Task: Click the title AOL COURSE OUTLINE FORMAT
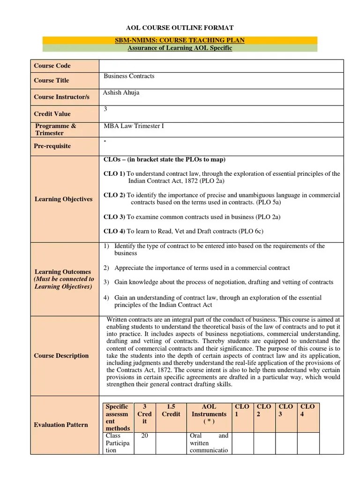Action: (x=180, y=28)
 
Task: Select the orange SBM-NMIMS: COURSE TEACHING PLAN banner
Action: (x=180, y=40)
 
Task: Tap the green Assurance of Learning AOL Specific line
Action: (x=180, y=48)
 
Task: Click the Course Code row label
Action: (x=52, y=66)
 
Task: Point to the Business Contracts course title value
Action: (x=129, y=76)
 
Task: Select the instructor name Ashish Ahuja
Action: (x=121, y=93)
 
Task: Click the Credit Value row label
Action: (x=52, y=113)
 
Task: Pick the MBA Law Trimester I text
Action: (x=134, y=126)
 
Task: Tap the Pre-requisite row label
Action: (x=52, y=146)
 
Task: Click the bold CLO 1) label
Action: (x=114, y=174)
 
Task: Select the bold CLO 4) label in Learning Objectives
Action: (x=114, y=231)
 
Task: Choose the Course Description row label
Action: (x=61, y=356)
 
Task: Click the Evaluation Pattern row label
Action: (x=61, y=425)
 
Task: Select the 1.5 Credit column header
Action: (x=171, y=411)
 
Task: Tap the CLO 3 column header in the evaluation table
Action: (x=286, y=411)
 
